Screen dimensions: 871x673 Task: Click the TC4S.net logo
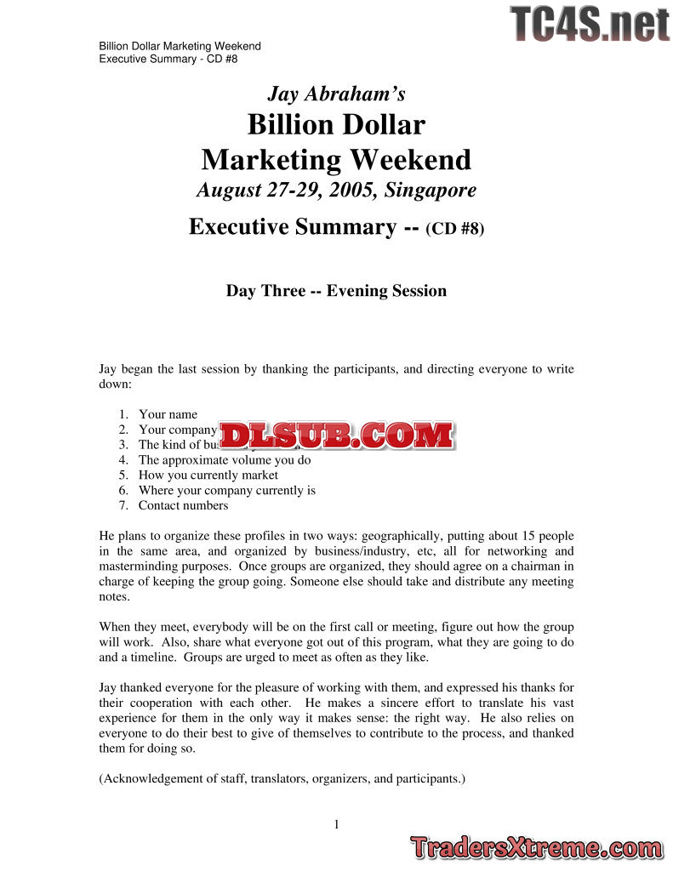[590, 24]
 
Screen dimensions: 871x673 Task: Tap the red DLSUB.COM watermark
[338, 435]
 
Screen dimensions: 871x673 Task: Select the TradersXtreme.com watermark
[535, 848]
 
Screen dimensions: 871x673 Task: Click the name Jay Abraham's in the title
[336, 93]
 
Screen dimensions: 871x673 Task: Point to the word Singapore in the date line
[430, 190]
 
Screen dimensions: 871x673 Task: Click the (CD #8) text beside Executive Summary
[454, 229]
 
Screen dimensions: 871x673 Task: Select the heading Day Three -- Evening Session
[336, 291]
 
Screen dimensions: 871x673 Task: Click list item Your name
[168, 414]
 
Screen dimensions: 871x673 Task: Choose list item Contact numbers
[183, 505]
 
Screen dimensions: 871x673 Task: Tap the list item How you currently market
[208, 475]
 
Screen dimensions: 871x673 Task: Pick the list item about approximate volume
[225, 460]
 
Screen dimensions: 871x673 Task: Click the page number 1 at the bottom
[337, 823]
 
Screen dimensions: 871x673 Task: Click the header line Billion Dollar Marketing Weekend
[180, 46]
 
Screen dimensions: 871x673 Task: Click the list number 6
[123, 490]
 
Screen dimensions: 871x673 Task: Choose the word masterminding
[140, 566]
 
